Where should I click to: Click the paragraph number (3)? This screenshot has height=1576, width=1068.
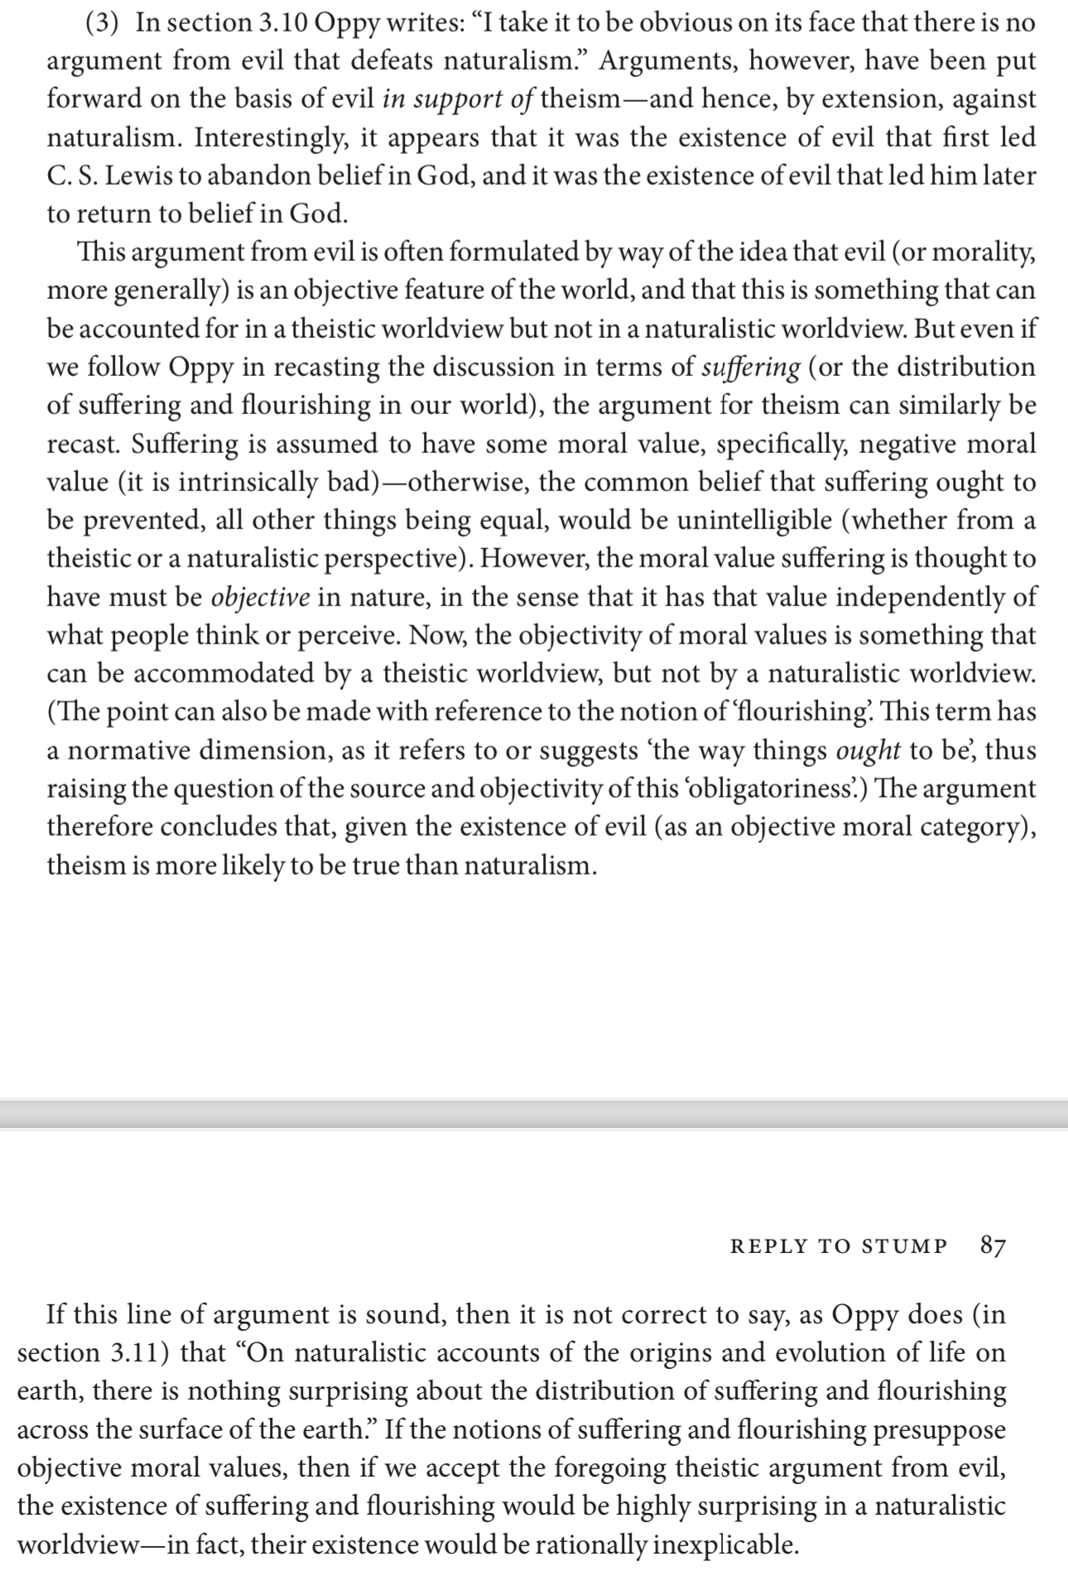pyautogui.click(x=106, y=22)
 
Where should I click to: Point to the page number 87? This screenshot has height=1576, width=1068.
pyautogui.click(x=993, y=1245)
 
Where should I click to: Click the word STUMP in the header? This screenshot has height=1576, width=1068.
pyautogui.click(x=904, y=1246)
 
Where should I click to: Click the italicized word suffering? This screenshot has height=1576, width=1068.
pyautogui.click(x=750, y=367)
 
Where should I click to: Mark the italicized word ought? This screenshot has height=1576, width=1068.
pyautogui.click(x=868, y=750)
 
